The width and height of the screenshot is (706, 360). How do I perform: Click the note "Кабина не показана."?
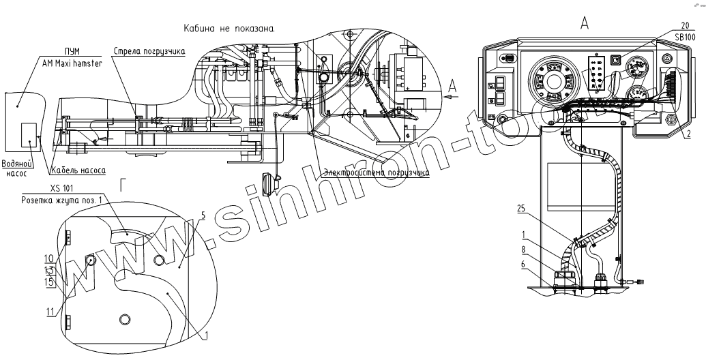pos(229,29)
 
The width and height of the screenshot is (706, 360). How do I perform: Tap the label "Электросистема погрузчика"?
pos(376,173)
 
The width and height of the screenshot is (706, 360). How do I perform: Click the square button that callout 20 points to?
pos(615,60)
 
